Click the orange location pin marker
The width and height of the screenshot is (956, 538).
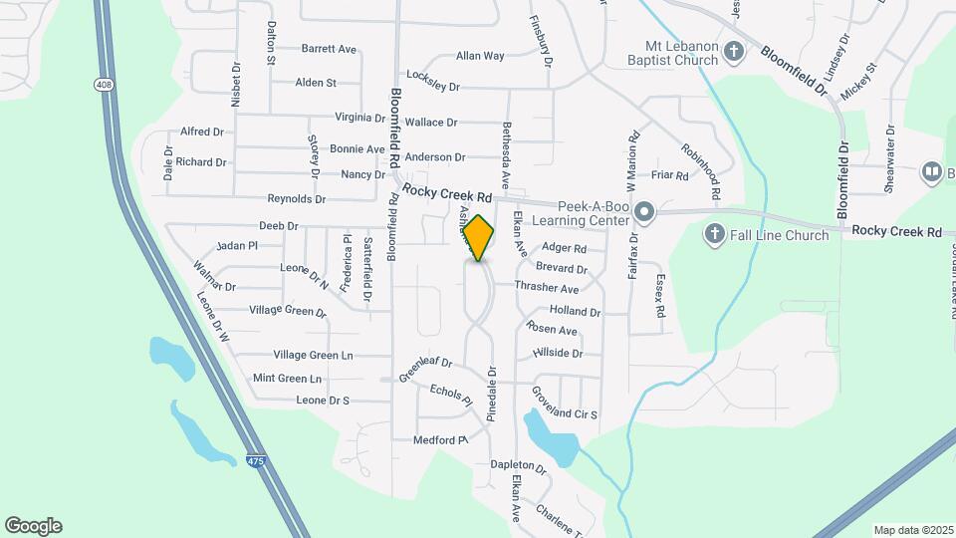[479, 238]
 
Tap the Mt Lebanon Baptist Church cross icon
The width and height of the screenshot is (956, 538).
[734, 52]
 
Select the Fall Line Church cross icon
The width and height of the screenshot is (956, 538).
[713, 235]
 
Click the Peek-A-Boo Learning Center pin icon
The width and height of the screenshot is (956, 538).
[644, 211]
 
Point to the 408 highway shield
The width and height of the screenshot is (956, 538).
[104, 84]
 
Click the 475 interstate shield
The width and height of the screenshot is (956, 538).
[256, 460]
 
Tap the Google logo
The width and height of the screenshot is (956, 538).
[33, 526]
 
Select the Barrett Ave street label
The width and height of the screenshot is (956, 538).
[329, 49]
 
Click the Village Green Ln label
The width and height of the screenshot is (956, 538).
[313, 355]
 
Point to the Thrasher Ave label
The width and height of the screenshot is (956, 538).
[547, 288]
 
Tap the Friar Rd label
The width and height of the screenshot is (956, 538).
[669, 175]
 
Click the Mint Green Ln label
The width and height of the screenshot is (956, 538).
[287, 379]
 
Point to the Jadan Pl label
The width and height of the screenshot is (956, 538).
[237, 245]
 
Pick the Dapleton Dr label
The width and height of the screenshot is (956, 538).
[519, 466]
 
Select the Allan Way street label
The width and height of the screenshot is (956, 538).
[480, 56]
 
